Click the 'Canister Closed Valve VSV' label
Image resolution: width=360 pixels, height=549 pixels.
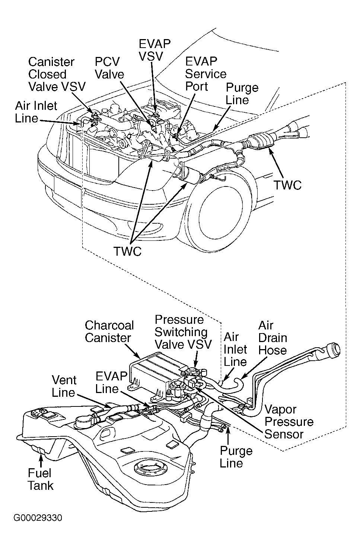pyautogui.click(x=57, y=74)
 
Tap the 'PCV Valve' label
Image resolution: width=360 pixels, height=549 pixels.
pyautogui.click(x=109, y=68)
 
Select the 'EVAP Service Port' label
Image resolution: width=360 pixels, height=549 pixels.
pyautogui.click(x=206, y=74)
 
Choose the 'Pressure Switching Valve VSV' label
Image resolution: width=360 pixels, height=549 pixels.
pyautogui.click(x=183, y=332)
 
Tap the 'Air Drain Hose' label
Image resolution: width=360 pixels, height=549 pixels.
pyautogui.click(x=273, y=338)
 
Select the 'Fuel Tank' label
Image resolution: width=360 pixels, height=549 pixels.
pyautogui.click(x=41, y=479)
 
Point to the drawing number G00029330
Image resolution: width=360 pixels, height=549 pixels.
pyautogui.click(x=38, y=518)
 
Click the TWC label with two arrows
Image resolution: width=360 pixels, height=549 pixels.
pyautogui.click(x=127, y=251)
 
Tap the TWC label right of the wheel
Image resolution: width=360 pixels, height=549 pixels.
pyautogui.click(x=287, y=185)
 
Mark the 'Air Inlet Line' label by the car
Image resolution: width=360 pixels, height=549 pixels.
pyautogui.click(x=36, y=112)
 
